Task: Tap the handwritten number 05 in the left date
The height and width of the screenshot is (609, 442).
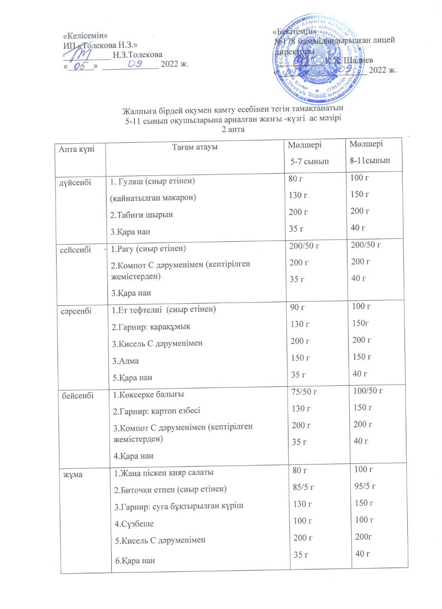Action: (82, 66)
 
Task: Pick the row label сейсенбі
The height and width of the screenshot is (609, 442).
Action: (74, 249)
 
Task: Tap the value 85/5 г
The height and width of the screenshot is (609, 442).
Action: (304, 487)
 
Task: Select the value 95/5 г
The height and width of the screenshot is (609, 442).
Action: (365, 486)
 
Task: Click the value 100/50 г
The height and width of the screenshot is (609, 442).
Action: (368, 391)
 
